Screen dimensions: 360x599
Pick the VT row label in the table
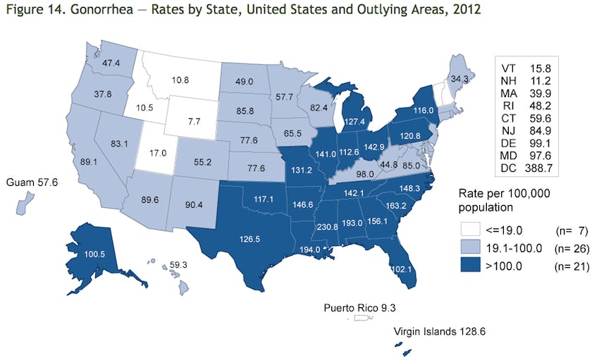coord(508,68)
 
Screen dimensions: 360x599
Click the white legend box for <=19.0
coord(473,229)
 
